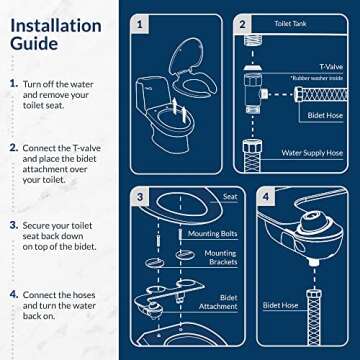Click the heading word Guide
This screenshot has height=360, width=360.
(x=33, y=44)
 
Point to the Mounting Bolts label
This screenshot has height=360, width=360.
(x=210, y=233)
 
